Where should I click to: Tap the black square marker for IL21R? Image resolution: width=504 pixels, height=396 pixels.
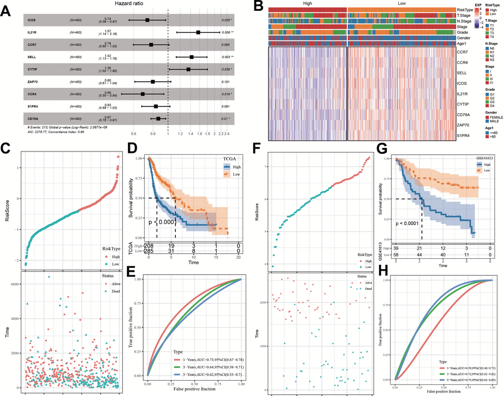(198, 33)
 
